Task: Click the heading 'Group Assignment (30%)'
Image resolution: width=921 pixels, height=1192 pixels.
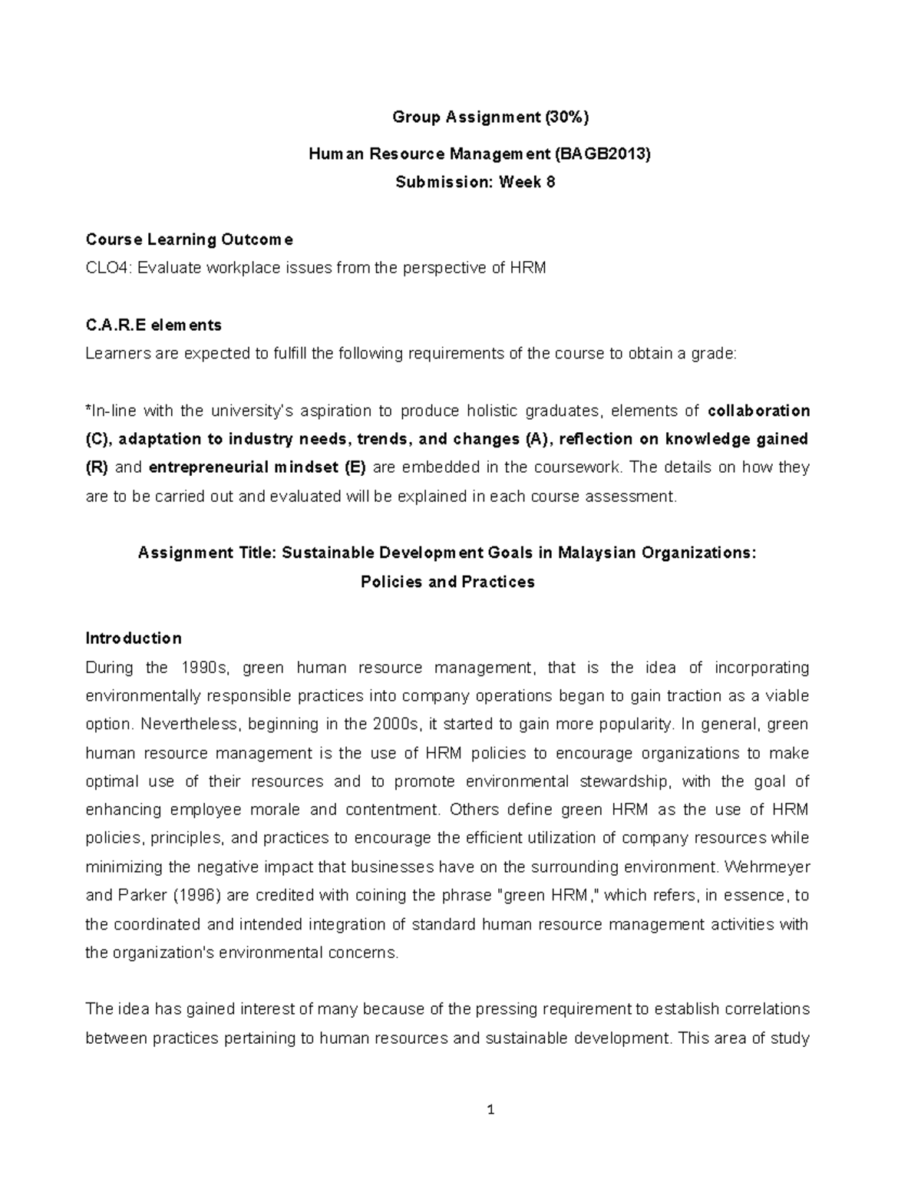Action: (x=490, y=117)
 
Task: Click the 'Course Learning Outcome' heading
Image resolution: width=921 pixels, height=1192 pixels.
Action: (x=189, y=239)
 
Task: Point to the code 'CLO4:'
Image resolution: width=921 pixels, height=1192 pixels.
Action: (x=105, y=268)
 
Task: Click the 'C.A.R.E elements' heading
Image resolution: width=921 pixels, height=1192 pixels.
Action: (x=153, y=325)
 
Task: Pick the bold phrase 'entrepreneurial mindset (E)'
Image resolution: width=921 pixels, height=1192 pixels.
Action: (x=257, y=467)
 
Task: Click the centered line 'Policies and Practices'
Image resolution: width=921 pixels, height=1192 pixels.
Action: (x=447, y=582)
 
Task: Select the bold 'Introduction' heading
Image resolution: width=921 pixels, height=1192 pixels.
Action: (x=134, y=639)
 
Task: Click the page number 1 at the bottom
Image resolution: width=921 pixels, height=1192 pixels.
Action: (x=490, y=1110)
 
